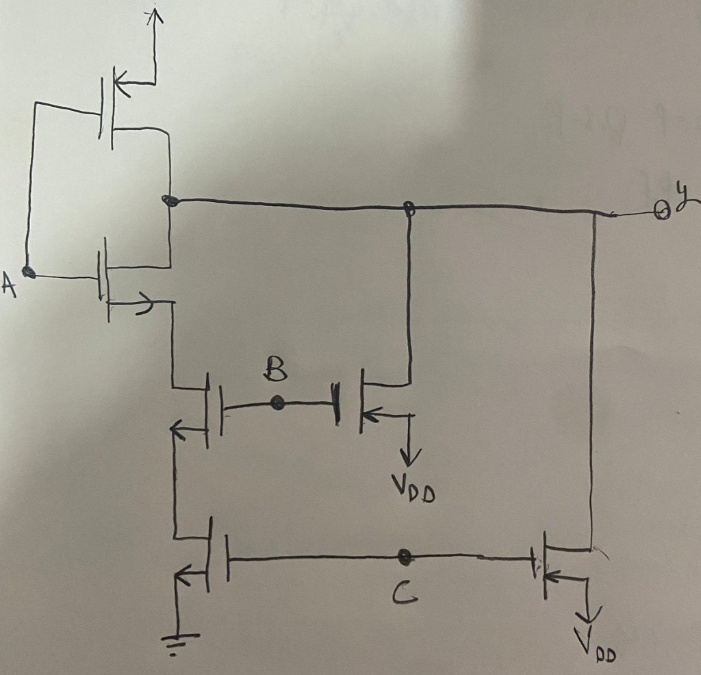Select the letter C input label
(403, 597)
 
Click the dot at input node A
(28, 272)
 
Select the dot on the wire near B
(277, 403)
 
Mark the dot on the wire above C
(405, 557)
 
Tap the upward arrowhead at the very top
(155, 16)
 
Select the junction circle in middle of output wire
(409, 207)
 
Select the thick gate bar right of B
(337, 404)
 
